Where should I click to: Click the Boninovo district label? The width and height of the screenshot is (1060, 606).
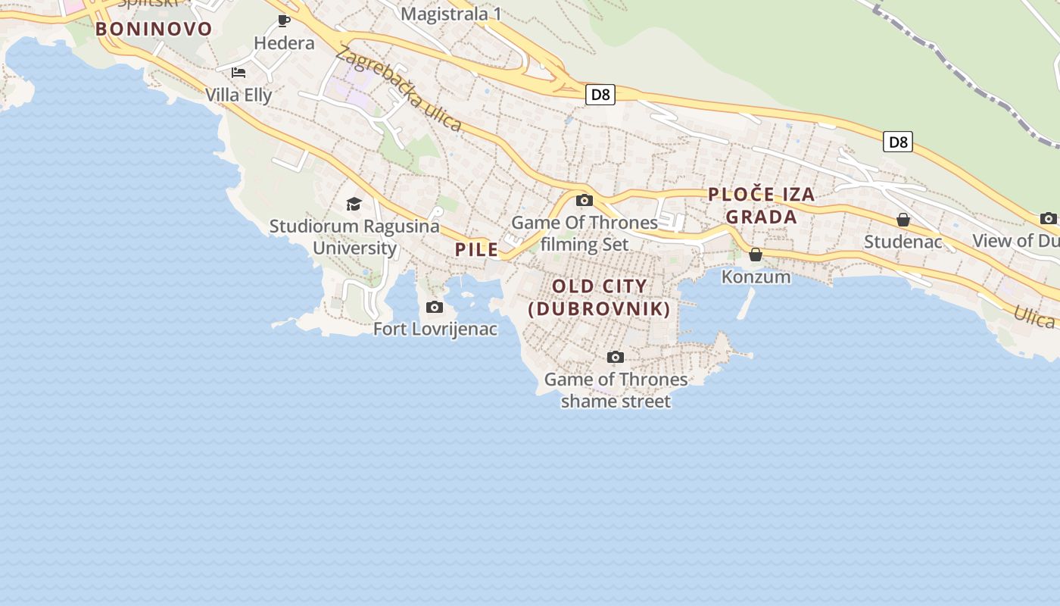tap(154, 30)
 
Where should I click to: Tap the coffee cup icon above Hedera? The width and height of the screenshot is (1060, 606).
tap(284, 20)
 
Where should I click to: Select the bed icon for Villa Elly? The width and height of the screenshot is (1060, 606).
tap(238, 73)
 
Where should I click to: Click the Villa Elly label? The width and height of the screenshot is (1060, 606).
tap(238, 95)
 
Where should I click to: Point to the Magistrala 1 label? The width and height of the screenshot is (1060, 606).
tap(451, 14)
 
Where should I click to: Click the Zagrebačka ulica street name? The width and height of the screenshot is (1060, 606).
tap(398, 89)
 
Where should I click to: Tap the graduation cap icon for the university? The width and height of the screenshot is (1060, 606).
tap(354, 204)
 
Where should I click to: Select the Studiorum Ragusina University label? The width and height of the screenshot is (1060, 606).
tap(354, 237)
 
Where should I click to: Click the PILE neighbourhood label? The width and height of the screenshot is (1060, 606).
tap(477, 249)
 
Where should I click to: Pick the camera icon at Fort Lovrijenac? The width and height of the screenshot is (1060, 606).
tap(435, 307)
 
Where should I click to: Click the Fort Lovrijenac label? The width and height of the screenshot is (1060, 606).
tap(435, 329)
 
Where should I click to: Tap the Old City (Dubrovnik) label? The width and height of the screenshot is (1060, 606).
tap(599, 298)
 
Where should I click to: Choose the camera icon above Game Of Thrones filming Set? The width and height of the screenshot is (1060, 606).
tap(584, 201)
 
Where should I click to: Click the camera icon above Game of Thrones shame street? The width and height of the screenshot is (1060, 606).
tap(616, 357)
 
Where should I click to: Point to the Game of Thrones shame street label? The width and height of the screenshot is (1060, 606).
tap(616, 390)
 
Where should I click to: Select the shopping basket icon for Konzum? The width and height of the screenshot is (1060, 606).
tap(756, 255)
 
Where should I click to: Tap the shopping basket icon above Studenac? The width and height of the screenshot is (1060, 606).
tap(903, 220)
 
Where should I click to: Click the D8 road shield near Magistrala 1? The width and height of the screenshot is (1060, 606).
tap(600, 95)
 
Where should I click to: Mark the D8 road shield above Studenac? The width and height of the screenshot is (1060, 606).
tap(897, 142)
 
